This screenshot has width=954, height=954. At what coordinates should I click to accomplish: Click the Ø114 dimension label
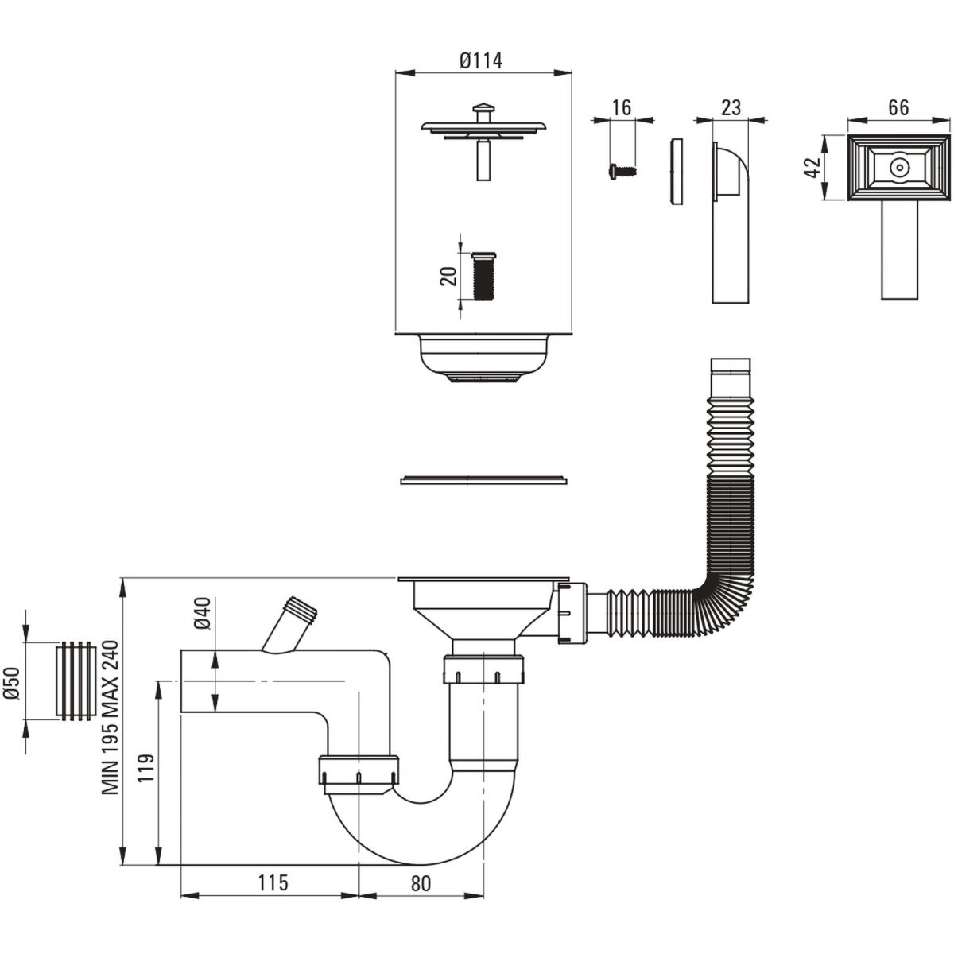pyautogui.click(x=481, y=61)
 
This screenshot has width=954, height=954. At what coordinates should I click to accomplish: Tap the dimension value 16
pyautogui.click(x=622, y=107)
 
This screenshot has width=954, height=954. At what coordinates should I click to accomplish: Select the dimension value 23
pyautogui.click(x=731, y=107)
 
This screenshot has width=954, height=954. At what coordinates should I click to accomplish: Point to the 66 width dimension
pyautogui.click(x=898, y=107)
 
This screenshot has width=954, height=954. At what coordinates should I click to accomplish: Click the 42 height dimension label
pyautogui.click(x=812, y=167)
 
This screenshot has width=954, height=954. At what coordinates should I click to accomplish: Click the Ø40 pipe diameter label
pyautogui.click(x=204, y=614)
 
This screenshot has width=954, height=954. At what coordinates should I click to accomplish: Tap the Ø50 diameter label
pyautogui.click(x=11, y=683)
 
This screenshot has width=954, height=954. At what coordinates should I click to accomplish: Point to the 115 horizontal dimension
pyautogui.click(x=273, y=882)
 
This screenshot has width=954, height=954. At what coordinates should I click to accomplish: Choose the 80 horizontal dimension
pyautogui.click(x=421, y=883)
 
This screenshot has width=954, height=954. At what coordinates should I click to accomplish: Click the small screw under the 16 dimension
pyautogui.click(x=622, y=171)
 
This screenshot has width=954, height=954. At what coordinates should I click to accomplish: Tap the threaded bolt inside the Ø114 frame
pyautogui.click(x=483, y=276)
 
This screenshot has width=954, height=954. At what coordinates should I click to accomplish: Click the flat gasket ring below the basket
pyautogui.click(x=483, y=479)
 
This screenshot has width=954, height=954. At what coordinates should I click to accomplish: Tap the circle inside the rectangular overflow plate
pyautogui.click(x=898, y=168)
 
